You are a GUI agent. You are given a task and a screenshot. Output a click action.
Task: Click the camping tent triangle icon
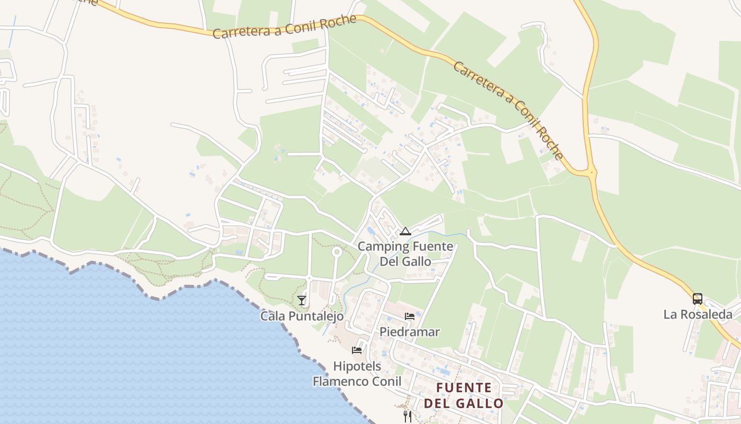pyautogui.click(x=405, y=231)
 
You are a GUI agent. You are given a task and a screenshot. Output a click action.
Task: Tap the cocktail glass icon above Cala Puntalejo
pyautogui.click(x=302, y=301)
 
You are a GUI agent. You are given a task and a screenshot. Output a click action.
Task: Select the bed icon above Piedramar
pyautogui.click(x=410, y=316)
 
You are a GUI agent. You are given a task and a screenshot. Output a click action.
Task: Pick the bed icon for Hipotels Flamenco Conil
pyautogui.click(x=357, y=350)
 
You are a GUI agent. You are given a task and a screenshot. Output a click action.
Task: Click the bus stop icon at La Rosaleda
pyautogui.click(x=698, y=298)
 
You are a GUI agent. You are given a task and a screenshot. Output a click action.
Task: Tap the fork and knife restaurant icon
pyautogui.click(x=408, y=417)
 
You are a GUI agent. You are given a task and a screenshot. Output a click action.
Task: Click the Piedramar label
pyautogui.click(x=410, y=332)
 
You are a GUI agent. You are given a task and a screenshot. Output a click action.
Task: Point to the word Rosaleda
pyautogui.click(x=706, y=314)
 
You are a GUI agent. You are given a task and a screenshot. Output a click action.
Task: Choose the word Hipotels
pyautogui.click(x=357, y=366)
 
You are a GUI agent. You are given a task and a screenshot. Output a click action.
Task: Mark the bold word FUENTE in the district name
pyautogui.click(x=464, y=388)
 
